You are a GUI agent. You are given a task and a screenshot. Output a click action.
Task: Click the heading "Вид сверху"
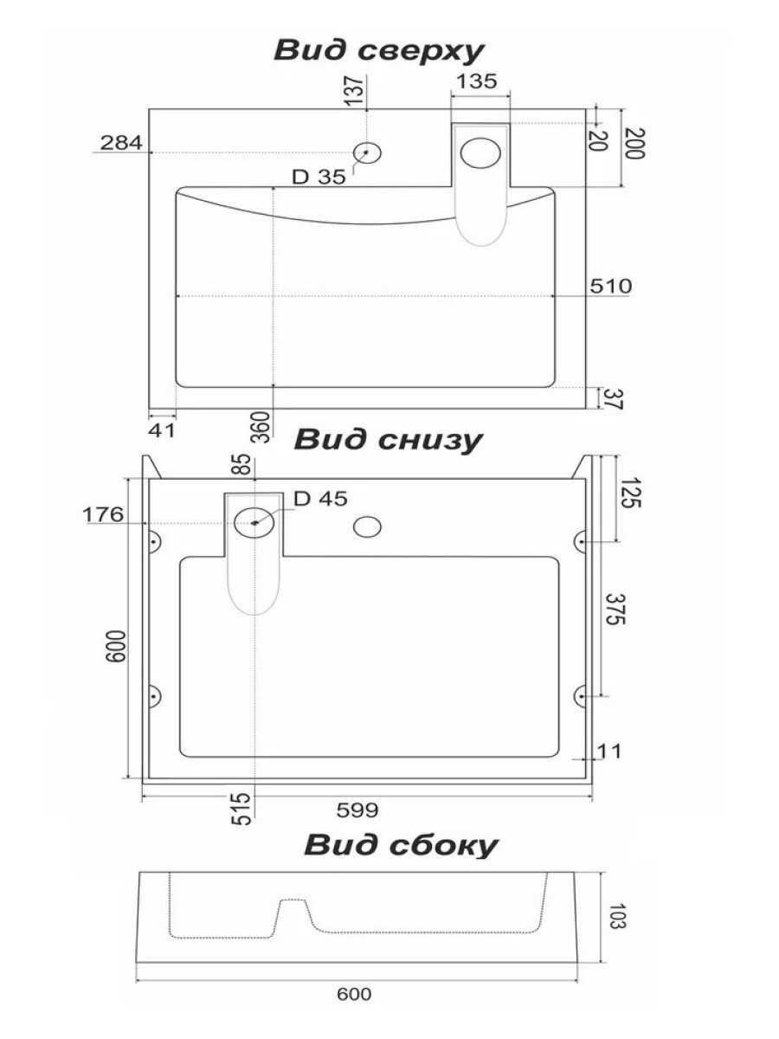[378, 50]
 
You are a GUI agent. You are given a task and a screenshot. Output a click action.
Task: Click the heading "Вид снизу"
[388, 440]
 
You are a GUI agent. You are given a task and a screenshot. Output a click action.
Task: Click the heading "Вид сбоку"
[401, 845]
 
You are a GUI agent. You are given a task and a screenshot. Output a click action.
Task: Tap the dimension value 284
[121, 143]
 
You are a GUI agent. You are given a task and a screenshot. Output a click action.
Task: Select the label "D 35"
[319, 177]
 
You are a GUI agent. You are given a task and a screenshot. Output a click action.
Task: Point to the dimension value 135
[476, 81]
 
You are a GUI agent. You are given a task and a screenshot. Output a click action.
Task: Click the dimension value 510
[611, 286]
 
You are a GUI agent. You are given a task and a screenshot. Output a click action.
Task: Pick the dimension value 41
[162, 429]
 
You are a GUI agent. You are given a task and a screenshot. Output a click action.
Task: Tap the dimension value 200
[635, 143]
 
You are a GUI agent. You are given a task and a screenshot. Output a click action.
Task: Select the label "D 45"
[319, 499]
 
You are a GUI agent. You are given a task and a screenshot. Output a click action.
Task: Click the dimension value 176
[103, 515]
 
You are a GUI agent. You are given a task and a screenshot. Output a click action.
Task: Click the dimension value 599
[358, 810]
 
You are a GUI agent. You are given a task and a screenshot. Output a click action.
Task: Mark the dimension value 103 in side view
[616, 916]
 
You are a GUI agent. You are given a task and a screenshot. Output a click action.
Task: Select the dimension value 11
[609, 751]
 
